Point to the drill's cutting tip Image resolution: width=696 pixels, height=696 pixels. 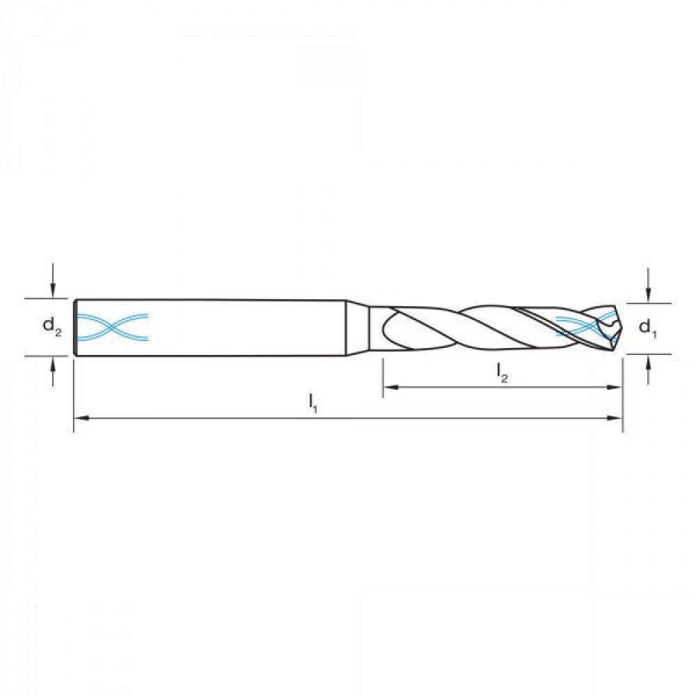(617, 327)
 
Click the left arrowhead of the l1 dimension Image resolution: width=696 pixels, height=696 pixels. (81, 418)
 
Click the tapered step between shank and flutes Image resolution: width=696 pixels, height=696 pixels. (357, 328)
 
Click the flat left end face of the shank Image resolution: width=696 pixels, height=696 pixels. (74, 327)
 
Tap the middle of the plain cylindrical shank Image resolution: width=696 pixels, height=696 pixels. (223, 327)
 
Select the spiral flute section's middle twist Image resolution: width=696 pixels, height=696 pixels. (487, 327)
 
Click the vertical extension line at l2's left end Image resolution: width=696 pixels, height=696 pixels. (383, 376)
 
